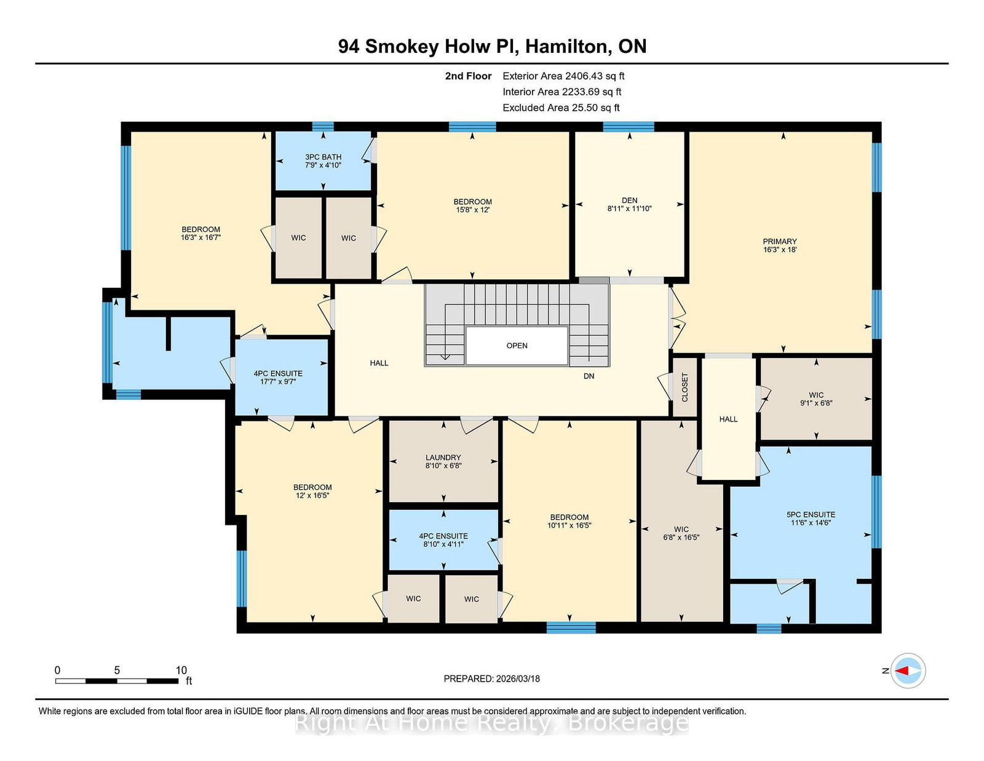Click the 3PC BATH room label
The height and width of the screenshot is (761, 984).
coord(323,157)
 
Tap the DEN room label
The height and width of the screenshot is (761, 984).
coord(629,201)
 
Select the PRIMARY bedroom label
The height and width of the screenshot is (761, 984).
coord(780,242)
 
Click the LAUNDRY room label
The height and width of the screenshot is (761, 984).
coord(443,458)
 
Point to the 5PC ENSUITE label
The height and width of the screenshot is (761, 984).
coord(811,515)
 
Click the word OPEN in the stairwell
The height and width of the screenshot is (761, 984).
coord(517,346)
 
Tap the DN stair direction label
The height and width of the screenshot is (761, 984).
coord(589,376)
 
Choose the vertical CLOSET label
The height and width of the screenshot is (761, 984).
coord(685,388)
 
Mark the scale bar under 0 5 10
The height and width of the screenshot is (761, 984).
coord(117,681)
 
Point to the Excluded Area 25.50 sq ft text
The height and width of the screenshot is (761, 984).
coord(561,108)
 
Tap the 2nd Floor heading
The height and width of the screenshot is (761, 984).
coord(468,76)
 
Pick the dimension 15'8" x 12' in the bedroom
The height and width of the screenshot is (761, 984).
coord(472,210)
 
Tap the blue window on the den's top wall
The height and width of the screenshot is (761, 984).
coord(628,127)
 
